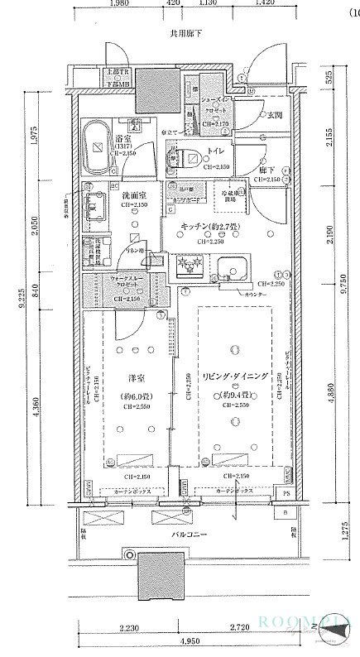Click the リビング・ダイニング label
point(235,376)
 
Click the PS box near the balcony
point(286,496)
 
